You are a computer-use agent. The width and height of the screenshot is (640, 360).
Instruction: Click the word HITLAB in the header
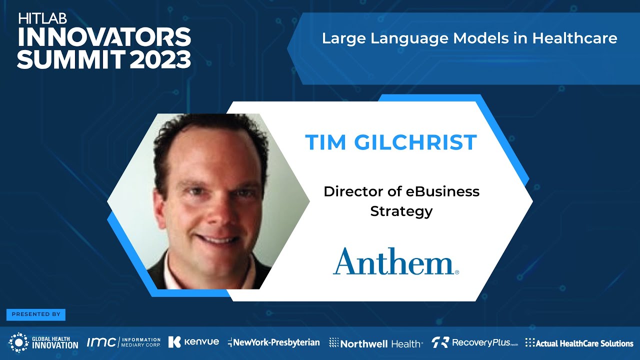tap(43, 19)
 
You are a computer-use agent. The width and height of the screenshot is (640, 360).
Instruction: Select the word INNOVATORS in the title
tap(104, 37)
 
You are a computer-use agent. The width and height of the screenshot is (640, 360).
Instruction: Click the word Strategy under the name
tap(401, 211)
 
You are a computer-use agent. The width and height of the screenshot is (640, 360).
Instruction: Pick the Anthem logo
tap(395, 261)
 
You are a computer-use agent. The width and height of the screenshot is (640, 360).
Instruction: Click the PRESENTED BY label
tap(36, 314)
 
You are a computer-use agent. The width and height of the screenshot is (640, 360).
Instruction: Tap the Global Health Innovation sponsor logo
tap(44, 342)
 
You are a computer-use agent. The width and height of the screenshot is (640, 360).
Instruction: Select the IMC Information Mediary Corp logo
tap(123, 342)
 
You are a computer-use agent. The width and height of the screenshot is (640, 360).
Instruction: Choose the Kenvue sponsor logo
tap(193, 342)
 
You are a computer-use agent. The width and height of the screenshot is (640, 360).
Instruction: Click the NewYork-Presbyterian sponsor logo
tap(273, 342)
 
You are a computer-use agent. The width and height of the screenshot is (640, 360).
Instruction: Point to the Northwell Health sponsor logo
tap(375, 343)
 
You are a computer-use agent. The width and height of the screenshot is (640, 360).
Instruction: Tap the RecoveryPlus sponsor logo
tap(474, 342)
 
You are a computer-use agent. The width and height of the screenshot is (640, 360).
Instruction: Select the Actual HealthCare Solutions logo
tap(579, 343)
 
